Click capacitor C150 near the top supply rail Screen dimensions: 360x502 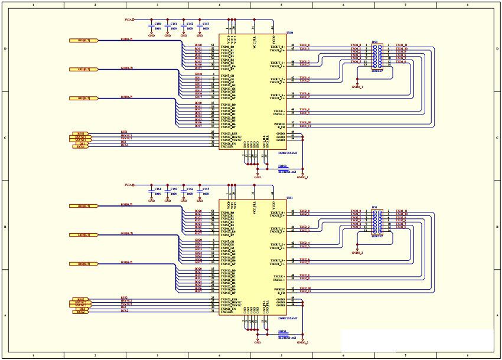pos(152,26)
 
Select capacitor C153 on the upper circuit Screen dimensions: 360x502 pos(200,26)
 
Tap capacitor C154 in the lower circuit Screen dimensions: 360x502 pos(152,192)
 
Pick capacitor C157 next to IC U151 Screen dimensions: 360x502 pos(200,192)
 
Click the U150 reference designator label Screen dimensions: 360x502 pos(289,33)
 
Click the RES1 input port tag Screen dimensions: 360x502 pos(80,133)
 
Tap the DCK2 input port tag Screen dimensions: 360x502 pos(80,311)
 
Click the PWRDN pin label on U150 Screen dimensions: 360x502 pos(279,123)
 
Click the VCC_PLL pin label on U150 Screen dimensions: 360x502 pos(253,39)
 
